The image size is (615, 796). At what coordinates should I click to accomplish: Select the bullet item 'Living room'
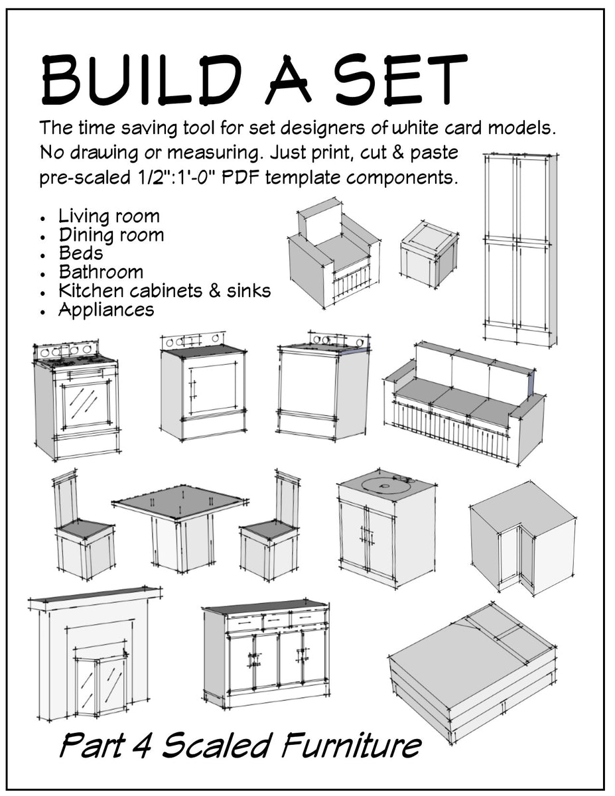[x=109, y=216]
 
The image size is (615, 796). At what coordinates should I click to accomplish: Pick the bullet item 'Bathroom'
[x=100, y=272]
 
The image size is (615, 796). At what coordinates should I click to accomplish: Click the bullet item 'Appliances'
[x=105, y=310]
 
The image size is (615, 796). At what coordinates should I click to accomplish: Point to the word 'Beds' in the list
[x=81, y=253]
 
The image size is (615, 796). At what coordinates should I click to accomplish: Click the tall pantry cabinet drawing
[x=519, y=249]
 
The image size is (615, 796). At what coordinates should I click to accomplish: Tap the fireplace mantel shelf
[x=95, y=595]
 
